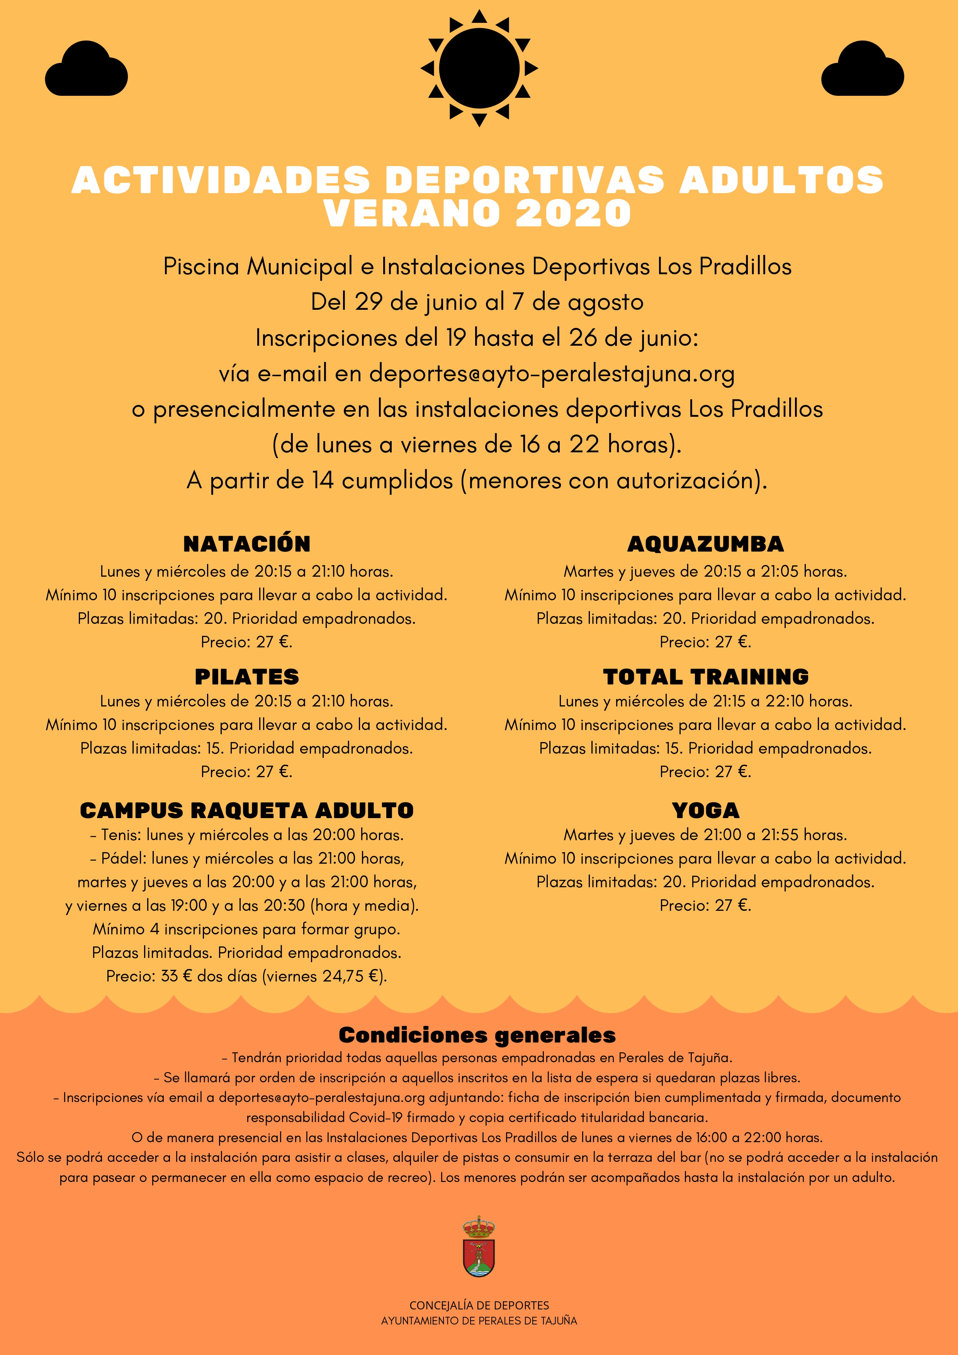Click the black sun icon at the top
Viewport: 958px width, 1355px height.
[x=479, y=68]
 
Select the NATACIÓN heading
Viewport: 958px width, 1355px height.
[x=247, y=543]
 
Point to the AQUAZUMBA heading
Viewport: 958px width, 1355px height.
[x=705, y=543]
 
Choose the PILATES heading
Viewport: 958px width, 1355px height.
[x=247, y=676]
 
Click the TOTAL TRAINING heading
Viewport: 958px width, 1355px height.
[x=705, y=676]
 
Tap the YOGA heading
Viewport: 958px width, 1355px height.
[x=705, y=810]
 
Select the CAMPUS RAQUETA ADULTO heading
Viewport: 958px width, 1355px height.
[x=247, y=810]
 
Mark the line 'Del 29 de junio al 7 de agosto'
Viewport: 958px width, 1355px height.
[x=477, y=302]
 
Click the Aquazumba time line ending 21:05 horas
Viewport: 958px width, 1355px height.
[x=705, y=571]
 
